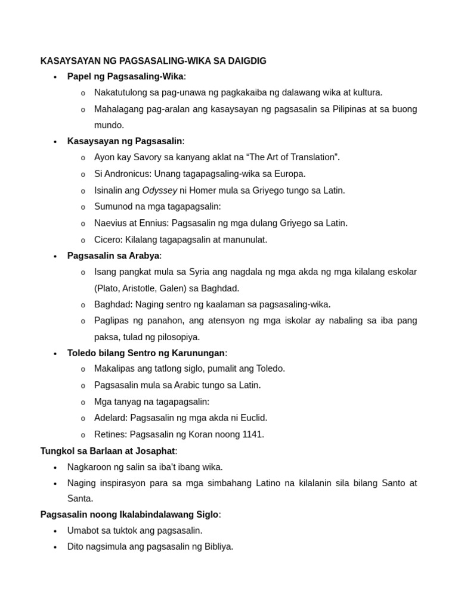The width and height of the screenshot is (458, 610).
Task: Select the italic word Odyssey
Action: (x=159, y=190)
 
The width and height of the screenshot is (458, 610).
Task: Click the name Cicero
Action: (x=108, y=239)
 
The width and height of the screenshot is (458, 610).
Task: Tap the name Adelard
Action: (x=110, y=418)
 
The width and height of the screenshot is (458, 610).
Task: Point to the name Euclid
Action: (x=253, y=418)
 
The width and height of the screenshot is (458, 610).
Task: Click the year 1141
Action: (x=253, y=434)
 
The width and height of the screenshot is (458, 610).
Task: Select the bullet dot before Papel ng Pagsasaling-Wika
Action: (x=55, y=77)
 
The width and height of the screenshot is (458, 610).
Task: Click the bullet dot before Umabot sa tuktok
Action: (x=55, y=531)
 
